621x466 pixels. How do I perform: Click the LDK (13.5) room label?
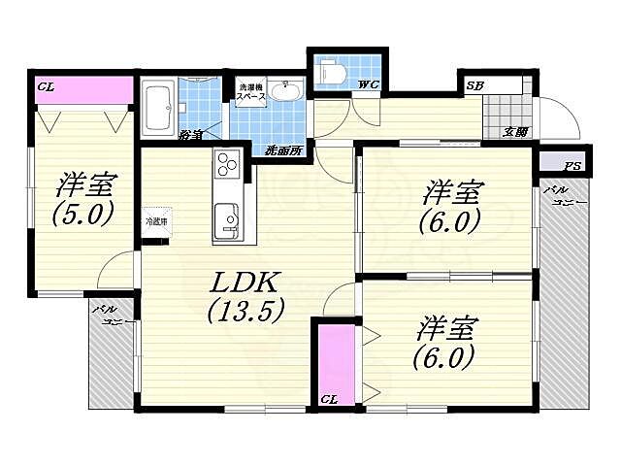245,296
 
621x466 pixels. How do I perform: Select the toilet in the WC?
330,72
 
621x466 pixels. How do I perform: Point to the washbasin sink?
286,93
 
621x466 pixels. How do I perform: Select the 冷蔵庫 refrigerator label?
155,221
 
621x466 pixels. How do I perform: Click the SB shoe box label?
474,85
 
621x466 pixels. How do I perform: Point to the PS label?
573,166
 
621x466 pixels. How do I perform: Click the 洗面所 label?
283,150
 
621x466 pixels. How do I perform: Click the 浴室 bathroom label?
190,136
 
